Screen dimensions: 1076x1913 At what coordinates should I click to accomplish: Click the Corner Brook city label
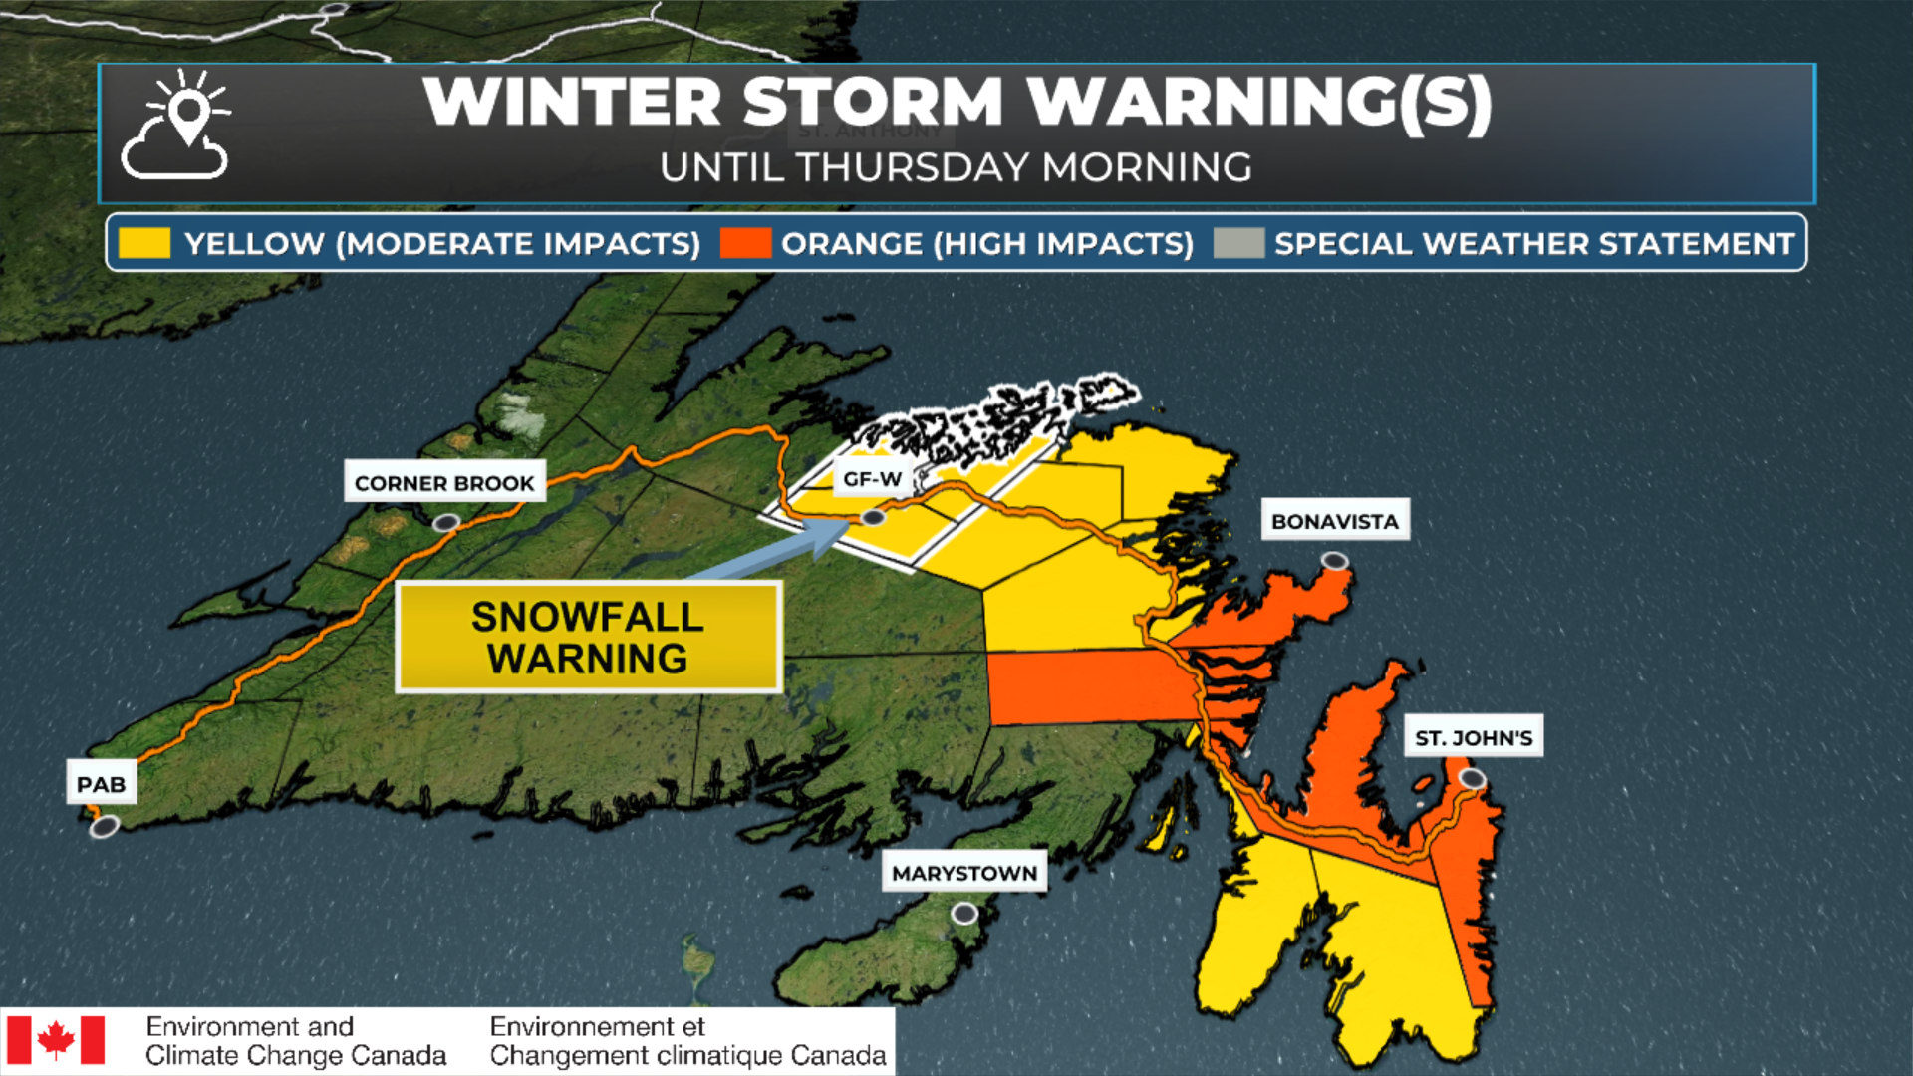point(444,482)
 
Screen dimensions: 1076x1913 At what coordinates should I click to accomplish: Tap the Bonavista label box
point(1334,520)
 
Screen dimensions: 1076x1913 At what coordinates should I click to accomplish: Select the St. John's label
point(1473,737)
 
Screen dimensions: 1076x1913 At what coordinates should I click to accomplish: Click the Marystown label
point(963,872)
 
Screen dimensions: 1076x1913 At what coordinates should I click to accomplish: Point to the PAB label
point(102,783)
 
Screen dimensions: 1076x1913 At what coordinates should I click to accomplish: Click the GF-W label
point(872,478)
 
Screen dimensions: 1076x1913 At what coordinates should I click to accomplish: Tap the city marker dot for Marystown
point(963,913)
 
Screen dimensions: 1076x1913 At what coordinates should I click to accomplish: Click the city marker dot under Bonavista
point(1334,562)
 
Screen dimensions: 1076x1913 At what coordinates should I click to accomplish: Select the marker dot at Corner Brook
point(445,522)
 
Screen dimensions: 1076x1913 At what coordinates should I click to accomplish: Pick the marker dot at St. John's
point(1472,778)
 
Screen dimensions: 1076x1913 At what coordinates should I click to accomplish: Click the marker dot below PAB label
point(104,826)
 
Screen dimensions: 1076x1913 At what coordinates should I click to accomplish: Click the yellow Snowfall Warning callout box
point(588,638)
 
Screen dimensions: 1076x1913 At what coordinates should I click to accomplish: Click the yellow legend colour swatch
point(143,243)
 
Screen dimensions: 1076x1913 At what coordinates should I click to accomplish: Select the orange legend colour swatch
point(745,243)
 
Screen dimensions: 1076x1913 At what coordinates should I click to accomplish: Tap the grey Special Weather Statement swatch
point(1238,243)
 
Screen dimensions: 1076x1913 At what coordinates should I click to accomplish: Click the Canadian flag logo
point(56,1040)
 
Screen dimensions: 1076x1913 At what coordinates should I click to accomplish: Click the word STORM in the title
point(872,102)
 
